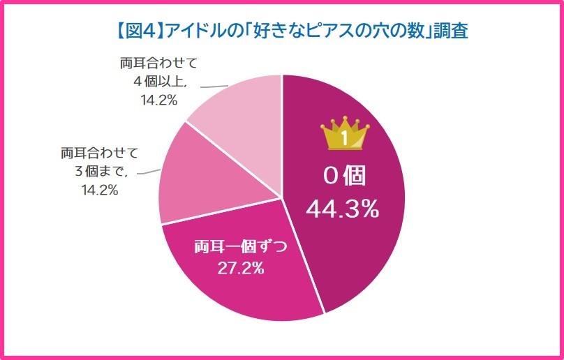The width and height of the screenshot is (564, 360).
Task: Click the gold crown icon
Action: pos(344,135)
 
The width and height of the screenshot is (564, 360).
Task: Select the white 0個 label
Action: pos(344,176)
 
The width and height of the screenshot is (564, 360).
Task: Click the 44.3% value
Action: pos(343,208)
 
